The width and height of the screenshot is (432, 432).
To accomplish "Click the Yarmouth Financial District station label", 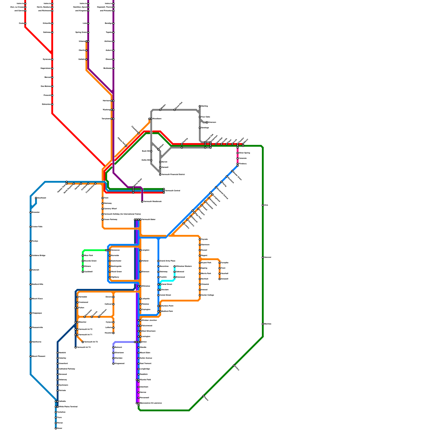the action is pyautogui.click(x=173, y=175).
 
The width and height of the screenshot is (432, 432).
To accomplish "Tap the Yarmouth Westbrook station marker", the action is pyautogui.click(x=142, y=202).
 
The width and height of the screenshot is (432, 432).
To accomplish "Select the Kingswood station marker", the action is pyautogui.click(x=113, y=364).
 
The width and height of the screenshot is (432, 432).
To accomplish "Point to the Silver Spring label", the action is pyautogui.click(x=244, y=153).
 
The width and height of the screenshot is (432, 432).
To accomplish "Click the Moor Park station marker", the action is pyautogui.click(x=83, y=256).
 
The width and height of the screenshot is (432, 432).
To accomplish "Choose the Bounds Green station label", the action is pyautogui.click(x=90, y=261).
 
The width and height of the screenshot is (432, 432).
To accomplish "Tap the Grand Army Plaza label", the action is pyautogui.click(x=167, y=261).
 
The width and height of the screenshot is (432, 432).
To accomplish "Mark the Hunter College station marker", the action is pyautogui.click(x=200, y=295).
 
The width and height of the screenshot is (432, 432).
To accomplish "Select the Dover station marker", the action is pyautogui.click(x=56, y=428).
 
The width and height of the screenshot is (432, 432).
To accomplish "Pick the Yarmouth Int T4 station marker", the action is pyautogui.click(x=76, y=347).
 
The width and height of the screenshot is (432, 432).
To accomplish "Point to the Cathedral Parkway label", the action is pyautogui.click(x=67, y=369).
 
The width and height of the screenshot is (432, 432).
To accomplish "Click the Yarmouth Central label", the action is pyautogui.click(x=173, y=191).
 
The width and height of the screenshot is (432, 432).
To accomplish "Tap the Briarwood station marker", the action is pyautogui.click(x=175, y=277).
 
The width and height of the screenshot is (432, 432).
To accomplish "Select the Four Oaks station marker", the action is pyautogui.click(x=200, y=117).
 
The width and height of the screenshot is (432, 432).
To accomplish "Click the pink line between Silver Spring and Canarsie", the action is pyautogui.click(x=238, y=156).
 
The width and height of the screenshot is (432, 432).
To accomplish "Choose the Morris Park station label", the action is pyautogui.click(x=206, y=274).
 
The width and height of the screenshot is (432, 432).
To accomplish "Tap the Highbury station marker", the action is pyautogui.click(x=110, y=277).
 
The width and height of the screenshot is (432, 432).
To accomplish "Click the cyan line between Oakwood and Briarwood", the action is pyautogui.click(x=175, y=275).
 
